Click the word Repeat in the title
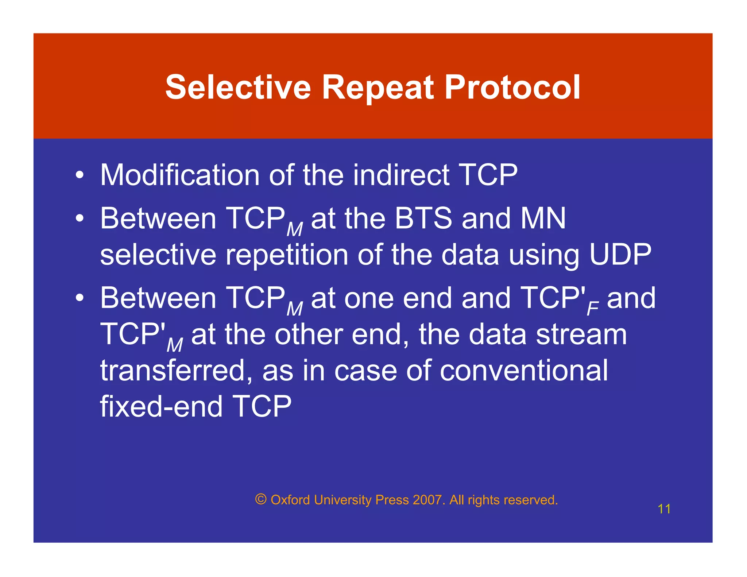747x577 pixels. click(378, 88)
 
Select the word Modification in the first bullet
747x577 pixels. click(180, 175)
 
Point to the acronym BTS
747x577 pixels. click(423, 218)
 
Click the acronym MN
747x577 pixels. click(543, 218)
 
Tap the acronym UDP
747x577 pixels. click(620, 255)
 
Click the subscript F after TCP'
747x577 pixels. click(592, 309)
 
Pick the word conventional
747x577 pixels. click(524, 371)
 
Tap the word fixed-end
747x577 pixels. click(161, 406)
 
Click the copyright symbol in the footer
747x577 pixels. click(261, 499)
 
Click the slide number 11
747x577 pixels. click(664, 509)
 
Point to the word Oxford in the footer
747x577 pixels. click(290, 500)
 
